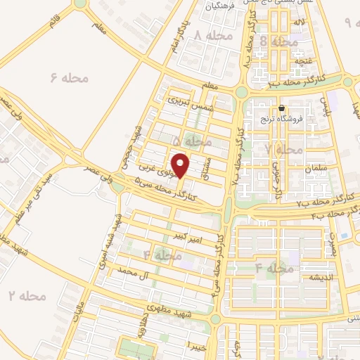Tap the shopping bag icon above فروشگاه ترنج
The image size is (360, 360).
pos(281,108)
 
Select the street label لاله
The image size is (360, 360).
pos(299,24)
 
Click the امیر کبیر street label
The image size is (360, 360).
pos(190,239)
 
